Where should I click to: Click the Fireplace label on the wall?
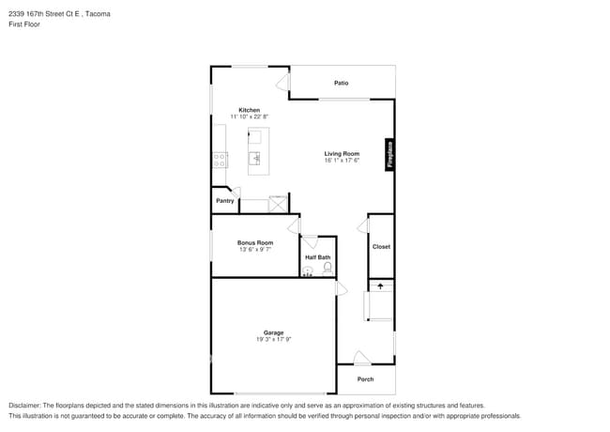click(389, 155)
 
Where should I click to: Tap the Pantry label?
click(225, 201)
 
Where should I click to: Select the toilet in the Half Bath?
click(328, 269)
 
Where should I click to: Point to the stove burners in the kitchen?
click(219, 161)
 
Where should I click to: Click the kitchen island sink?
click(254, 159)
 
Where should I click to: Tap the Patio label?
click(342, 84)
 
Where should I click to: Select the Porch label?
click(366, 379)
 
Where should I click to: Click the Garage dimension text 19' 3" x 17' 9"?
click(273, 339)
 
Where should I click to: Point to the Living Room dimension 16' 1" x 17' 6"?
click(342, 161)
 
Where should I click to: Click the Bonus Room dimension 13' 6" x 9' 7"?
click(255, 250)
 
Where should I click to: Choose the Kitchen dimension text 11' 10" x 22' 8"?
click(249, 116)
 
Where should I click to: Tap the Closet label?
click(381, 247)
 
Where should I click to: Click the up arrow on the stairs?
click(381, 285)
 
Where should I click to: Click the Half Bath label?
click(317, 257)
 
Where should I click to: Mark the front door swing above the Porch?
click(361, 358)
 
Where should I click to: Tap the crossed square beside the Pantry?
click(279, 205)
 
